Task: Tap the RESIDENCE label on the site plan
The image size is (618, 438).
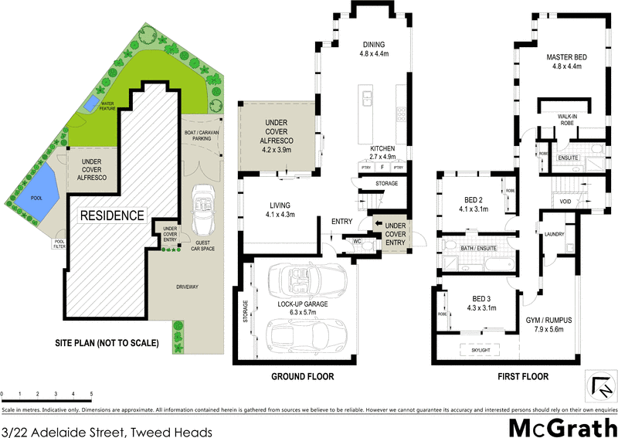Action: click(112, 216)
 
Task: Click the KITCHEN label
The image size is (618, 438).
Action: click(383, 148)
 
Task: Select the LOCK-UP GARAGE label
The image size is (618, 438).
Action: click(302, 304)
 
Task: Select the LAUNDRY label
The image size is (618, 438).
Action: click(553, 234)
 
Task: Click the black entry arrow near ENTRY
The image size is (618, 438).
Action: click(378, 223)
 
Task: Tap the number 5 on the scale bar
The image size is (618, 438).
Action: click(91, 394)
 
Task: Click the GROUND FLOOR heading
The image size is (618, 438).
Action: click(302, 377)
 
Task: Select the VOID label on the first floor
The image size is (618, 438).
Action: click(565, 202)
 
